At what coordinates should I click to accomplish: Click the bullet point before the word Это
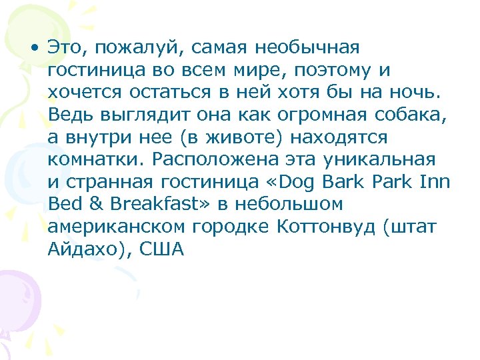[x=35, y=49]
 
